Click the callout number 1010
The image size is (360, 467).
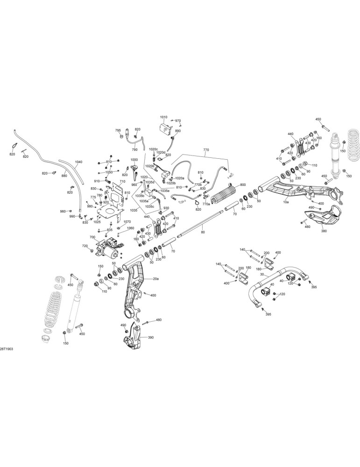(x=164, y=117)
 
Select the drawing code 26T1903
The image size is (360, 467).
(x=7, y=349)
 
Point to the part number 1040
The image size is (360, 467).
(x=78, y=162)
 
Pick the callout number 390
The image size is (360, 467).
(x=150, y=338)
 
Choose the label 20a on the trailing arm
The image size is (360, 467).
(x=155, y=279)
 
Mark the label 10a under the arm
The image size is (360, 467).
(x=286, y=202)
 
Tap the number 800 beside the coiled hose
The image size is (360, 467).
(x=243, y=184)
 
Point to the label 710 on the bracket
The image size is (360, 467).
(x=122, y=181)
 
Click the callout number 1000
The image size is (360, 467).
(x=134, y=160)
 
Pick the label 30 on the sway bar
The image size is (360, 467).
(x=262, y=274)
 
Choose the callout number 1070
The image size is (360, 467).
(x=127, y=221)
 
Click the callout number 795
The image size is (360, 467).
(x=118, y=130)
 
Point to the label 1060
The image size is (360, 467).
(x=130, y=228)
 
